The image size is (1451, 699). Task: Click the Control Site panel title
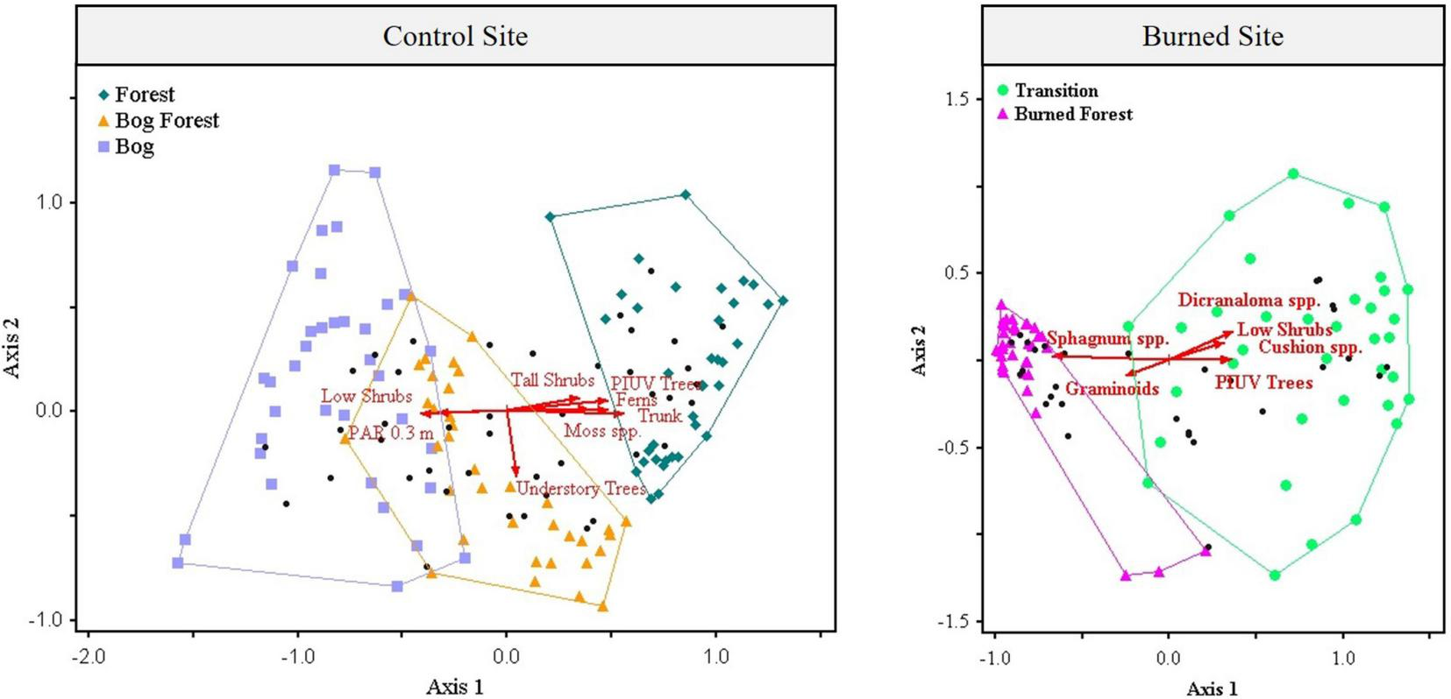tap(455, 36)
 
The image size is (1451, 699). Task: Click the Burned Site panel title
tap(1212, 36)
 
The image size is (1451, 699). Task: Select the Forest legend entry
tap(144, 94)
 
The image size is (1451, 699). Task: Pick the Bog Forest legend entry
tap(166, 120)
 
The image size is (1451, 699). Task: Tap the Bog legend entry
tap(133, 146)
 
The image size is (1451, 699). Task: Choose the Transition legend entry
tap(1056, 90)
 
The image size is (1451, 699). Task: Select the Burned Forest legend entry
tap(1072, 114)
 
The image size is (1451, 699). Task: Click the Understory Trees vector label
tap(580, 489)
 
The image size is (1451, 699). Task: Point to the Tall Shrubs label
tap(552, 380)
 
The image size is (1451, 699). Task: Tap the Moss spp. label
tap(602, 430)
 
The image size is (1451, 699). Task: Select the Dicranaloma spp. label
tap(1248, 300)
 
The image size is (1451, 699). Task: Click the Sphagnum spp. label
tap(1107, 338)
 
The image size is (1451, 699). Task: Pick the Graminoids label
tap(1112, 389)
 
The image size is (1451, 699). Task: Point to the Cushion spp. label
tap(1310, 347)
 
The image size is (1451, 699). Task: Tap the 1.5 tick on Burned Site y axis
tap(957, 99)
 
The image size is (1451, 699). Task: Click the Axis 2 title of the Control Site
tap(12, 348)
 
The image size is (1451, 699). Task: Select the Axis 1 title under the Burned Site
tap(1212, 688)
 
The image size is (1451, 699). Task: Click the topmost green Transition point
tap(1293, 174)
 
